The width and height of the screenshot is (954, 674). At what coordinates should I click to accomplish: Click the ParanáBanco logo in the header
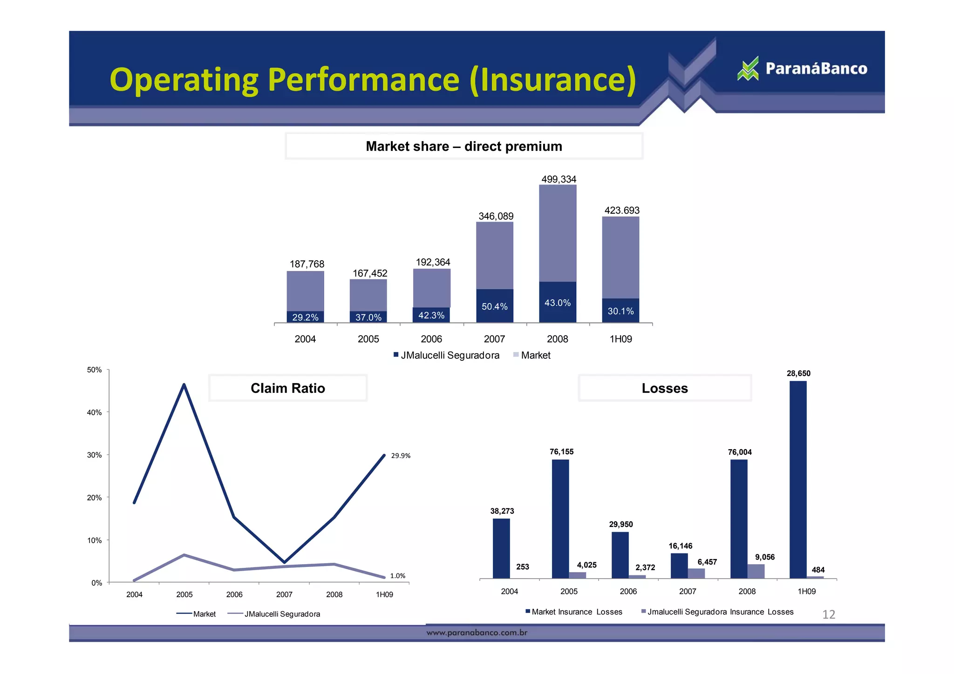point(802,69)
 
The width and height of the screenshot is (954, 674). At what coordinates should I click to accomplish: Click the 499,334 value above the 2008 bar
point(559,179)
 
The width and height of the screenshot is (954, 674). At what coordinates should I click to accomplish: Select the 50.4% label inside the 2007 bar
point(494,306)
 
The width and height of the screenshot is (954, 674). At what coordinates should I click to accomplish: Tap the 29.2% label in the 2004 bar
point(305,317)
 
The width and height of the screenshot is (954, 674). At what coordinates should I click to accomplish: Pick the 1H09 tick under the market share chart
point(620,339)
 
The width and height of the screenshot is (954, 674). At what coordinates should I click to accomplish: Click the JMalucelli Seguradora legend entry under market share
point(446,355)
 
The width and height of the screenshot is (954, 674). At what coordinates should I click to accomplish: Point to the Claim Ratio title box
point(287,388)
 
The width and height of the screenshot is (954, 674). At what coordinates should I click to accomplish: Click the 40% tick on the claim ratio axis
point(94,412)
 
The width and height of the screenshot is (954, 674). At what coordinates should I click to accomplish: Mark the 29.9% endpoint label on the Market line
point(400,456)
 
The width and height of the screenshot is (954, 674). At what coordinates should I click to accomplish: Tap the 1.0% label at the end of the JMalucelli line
point(397,576)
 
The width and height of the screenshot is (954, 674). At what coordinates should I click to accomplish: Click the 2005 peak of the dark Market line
point(184,384)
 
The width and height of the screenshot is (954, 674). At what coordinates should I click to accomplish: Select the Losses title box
point(664,388)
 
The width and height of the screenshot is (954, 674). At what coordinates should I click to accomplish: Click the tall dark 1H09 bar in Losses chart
point(797,479)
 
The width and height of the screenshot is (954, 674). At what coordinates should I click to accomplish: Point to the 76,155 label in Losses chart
point(561,452)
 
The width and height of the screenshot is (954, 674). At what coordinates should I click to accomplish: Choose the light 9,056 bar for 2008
point(756,571)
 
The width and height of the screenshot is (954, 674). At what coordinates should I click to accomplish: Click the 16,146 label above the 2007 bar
point(680,546)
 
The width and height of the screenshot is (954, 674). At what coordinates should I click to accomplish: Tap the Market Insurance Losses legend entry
point(574,612)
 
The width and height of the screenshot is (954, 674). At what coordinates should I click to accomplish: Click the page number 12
point(828,614)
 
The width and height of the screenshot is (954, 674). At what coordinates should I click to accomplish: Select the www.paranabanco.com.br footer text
point(477,633)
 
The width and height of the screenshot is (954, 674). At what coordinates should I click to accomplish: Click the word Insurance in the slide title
point(553,80)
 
